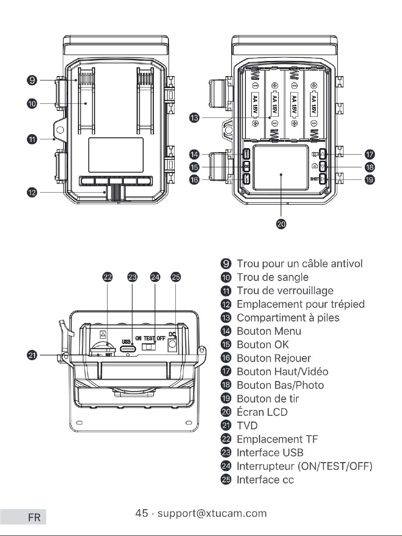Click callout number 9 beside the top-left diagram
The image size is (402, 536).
32,80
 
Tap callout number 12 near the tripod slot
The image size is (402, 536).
32,193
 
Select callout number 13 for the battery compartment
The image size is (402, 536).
194,118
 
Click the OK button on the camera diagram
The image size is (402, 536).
246,167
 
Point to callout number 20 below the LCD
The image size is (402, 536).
281,224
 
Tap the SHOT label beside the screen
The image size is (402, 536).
315,179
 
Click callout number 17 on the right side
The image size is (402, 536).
370,154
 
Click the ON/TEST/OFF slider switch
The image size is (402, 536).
149,346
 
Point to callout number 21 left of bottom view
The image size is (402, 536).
32,355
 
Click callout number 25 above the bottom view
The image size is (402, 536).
176,277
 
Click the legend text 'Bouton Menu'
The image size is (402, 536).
269,331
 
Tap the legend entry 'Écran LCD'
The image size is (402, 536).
262,412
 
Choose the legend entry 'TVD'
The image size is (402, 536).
247,426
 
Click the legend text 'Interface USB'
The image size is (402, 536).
270,453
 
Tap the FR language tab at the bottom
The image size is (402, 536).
34,517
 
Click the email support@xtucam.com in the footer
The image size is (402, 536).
212,513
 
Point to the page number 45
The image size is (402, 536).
142,513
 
